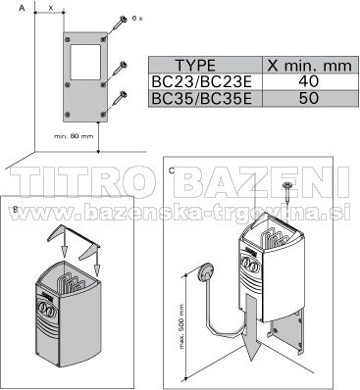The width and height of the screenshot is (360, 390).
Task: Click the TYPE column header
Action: [x=195, y=66]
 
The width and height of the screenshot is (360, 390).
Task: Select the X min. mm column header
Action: [x=309, y=66]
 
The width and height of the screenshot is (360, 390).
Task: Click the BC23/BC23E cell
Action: [x=202, y=81]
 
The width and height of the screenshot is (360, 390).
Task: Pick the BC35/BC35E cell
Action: [x=202, y=98]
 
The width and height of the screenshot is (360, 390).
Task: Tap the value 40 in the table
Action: [x=309, y=81]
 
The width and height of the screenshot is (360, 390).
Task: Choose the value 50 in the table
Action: [x=309, y=98]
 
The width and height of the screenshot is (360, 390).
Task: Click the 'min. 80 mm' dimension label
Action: [x=74, y=136]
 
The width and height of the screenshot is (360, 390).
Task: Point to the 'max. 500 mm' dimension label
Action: [x=181, y=326]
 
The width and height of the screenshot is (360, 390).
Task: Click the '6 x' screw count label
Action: [x=137, y=19]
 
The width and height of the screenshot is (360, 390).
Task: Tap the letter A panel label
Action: [x=22, y=8]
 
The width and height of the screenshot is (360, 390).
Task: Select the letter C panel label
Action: [x=172, y=171]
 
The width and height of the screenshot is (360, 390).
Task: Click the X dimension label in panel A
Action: [x=51, y=8]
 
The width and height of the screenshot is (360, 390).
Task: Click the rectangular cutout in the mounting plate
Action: [x=85, y=63]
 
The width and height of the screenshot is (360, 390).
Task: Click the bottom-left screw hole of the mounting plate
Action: [x=68, y=115]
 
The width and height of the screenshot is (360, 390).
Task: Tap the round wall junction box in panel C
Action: [x=205, y=271]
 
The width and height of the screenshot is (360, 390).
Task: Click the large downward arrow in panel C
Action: [x=251, y=326]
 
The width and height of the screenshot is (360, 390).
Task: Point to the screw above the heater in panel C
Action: [x=286, y=194]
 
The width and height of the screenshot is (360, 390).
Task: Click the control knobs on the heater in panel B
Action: [x=47, y=308]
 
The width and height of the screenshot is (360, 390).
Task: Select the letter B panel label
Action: [x=15, y=210]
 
